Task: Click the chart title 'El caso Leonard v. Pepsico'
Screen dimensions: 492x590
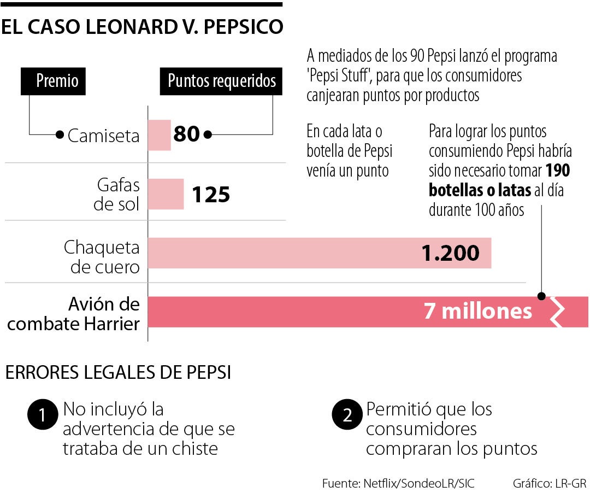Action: click(x=142, y=27)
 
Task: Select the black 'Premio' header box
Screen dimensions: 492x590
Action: click(x=57, y=81)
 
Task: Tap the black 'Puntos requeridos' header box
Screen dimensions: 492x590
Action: click(x=221, y=81)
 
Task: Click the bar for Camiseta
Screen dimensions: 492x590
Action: click(x=160, y=135)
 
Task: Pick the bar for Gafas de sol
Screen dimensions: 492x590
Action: click(x=166, y=194)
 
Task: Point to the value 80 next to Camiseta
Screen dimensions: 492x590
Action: click(x=186, y=134)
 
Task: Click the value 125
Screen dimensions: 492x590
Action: click(x=211, y=194)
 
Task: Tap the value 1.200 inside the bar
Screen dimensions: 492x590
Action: click(x=450, y=253)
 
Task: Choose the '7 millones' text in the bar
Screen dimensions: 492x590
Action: click(x=477, y=311)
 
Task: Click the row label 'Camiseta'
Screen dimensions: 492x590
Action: click(x=103, y=136)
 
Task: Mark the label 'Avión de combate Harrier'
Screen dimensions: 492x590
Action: click(x=74, y=314)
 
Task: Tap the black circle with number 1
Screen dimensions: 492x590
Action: click(x=42, y=417)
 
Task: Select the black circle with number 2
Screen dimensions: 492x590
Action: click(x=346, y=417)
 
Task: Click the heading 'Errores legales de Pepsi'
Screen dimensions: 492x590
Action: click(x=117, y=373)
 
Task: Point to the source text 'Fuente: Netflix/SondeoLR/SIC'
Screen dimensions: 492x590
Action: click(x=398, y=483)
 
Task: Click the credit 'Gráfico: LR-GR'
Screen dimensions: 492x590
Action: click(x=549, y=483)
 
